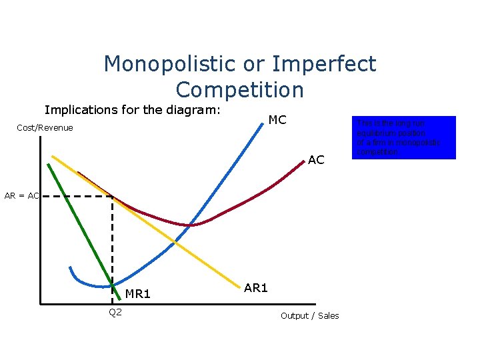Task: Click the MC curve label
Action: pos(277,120)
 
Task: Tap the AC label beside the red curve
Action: pos(316,160)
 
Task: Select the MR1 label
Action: pos(138,294)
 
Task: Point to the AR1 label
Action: pos(256,288)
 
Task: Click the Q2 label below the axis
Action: pos(115,313)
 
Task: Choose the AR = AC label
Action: pos(21,196)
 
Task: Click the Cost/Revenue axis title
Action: pos(45,127)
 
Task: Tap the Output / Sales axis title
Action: pos(309,315)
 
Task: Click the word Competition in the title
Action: pos(240,89)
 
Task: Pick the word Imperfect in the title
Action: pos(324,64)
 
